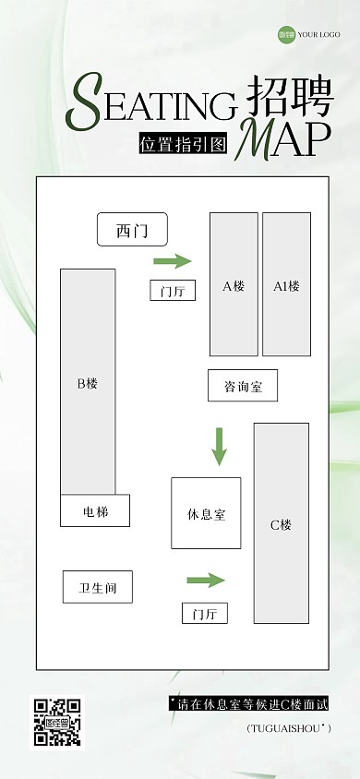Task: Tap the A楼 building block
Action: pos(234,284)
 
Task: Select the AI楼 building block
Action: pos(286,284)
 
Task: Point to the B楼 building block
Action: pos(88,382)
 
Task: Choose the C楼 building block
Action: pos(281,523)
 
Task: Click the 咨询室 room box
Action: pos(243,386)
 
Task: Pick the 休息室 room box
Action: pos(206,513)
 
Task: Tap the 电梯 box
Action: pos(95,510)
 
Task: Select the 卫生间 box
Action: pos(97,586)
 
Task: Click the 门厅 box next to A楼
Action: pos(173,291)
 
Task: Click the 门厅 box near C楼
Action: pos(204,613)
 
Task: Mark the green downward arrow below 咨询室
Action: pos(219,446)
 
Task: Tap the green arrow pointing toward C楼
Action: pos(206,580)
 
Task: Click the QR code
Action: pos(57,722)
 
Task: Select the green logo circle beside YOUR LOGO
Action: pos(285,36)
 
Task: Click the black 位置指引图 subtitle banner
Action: pos(183,145)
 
